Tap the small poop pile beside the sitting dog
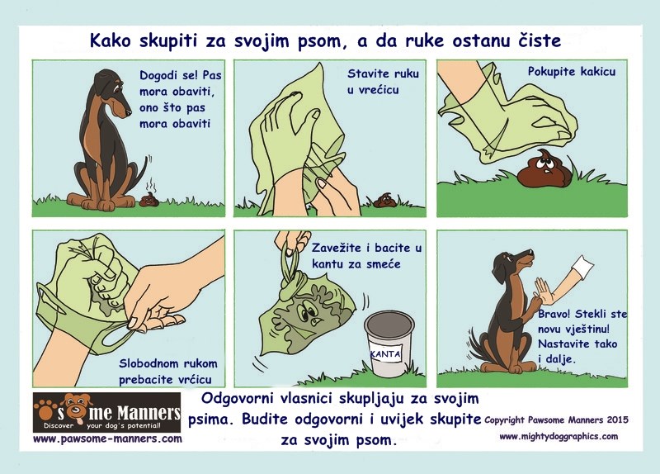coord(149,199)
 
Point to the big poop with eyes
coord(541,168)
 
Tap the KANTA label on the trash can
coord(387,354)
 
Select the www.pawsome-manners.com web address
coord(107,439)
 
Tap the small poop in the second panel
coord(384,200)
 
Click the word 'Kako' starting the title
coord(112,41)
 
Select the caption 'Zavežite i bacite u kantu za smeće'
coord(356,256)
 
